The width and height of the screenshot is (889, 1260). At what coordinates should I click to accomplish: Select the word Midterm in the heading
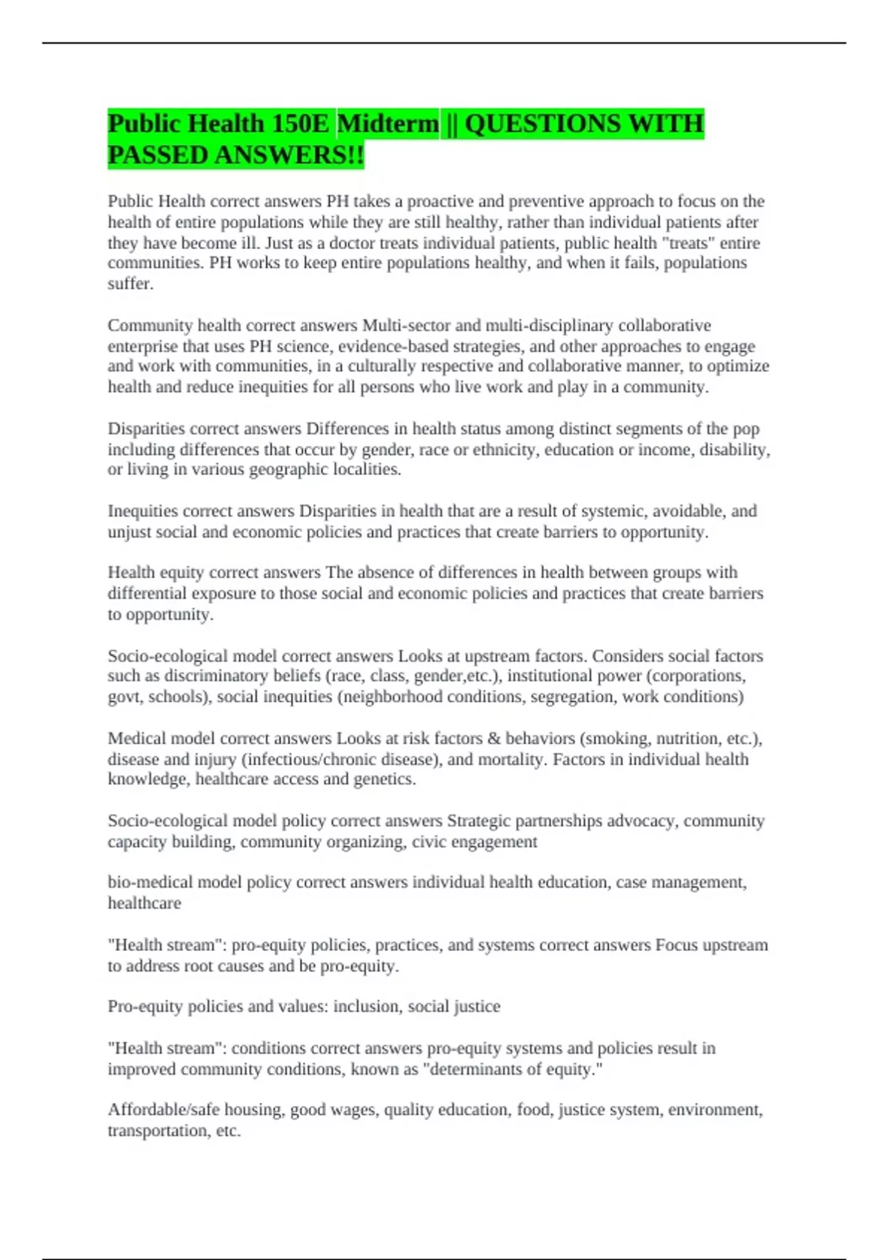click(x=387, y=124)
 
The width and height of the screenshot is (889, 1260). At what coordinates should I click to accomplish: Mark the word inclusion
click(x=366, y=1007)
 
